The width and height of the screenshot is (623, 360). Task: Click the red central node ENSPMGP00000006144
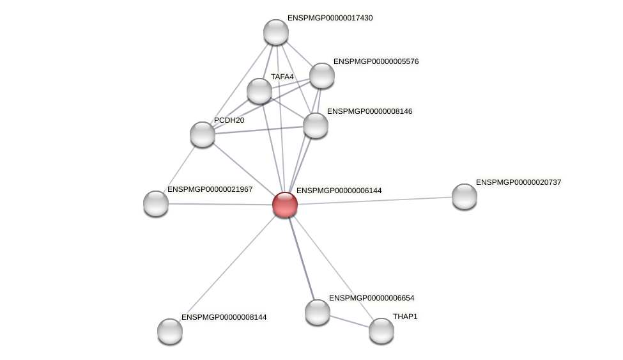point(285,205)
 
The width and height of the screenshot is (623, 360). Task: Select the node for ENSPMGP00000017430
point(276,32)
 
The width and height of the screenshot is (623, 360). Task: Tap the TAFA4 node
point(259,91)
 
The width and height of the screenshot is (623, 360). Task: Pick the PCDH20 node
point(203,134)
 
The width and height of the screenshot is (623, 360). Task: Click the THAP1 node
point(381,331)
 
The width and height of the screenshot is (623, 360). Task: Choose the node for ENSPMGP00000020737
point(465,196)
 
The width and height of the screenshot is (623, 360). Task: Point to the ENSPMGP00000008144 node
point(170,331)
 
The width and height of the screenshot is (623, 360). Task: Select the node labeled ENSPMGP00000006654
point(318,312)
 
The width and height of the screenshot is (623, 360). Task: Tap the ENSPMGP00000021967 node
point(156,203)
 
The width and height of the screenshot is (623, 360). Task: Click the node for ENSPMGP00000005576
point(322,75)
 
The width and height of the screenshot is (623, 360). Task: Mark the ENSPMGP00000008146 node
point(316,125)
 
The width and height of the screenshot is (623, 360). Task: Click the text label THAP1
point(405,317)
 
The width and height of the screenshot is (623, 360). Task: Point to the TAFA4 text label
point(282,77)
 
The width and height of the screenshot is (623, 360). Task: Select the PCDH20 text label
point(229,120)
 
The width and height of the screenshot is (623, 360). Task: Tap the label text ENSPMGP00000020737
point(518,182)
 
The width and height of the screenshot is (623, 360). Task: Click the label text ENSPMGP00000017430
point(330,18)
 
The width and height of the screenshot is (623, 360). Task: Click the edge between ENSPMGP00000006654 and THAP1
point(350,322)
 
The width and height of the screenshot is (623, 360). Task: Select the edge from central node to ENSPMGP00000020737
point(374,201)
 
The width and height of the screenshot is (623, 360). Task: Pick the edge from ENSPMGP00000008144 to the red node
point(227,268)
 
